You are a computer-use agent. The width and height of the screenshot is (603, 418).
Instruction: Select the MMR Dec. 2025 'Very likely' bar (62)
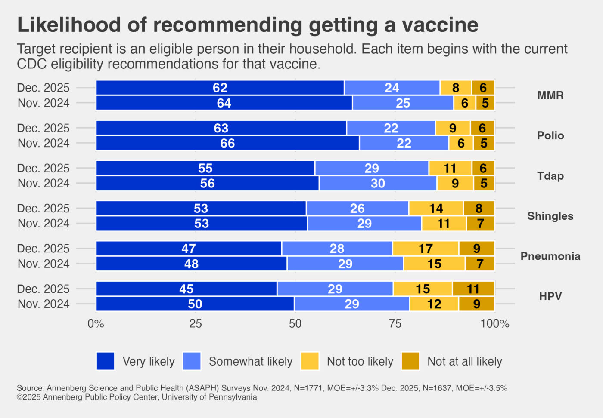coord(220,88)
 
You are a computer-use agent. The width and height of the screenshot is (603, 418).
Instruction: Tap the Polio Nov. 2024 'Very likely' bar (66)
coord(227,143)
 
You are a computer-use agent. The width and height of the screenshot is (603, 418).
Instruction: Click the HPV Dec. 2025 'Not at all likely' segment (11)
coord(473,289)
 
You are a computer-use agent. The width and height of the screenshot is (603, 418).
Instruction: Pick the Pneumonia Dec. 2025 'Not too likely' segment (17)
coord(425,249)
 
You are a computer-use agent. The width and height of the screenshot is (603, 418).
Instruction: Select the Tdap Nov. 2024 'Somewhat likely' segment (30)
coord(378,183)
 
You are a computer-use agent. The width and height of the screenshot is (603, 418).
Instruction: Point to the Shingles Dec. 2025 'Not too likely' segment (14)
coord(436,209)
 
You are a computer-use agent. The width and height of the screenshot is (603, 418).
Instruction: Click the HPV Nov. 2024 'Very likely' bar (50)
coord(195,304)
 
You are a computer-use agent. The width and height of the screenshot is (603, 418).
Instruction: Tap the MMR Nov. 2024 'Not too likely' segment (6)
coord(464,103)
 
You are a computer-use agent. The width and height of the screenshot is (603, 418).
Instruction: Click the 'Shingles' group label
coord(550,216)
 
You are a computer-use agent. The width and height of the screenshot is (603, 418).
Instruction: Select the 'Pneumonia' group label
coord(550,256)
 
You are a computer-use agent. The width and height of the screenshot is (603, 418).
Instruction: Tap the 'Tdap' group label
coord(550,176)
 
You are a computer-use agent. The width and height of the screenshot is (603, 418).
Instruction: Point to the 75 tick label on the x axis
coord(395,324)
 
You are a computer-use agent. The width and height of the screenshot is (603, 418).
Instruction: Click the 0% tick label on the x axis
coord(96,324)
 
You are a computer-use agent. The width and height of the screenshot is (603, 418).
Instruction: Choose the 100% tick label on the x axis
coord(494,324)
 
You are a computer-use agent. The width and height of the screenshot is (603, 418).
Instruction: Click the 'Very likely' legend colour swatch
coord(106,361)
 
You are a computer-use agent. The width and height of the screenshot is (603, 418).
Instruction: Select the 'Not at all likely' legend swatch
coord(410,361)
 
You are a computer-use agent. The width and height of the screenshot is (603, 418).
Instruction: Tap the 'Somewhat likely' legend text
coord(250,362)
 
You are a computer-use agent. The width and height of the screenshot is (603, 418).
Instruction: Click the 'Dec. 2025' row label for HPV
coord(43,289)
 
